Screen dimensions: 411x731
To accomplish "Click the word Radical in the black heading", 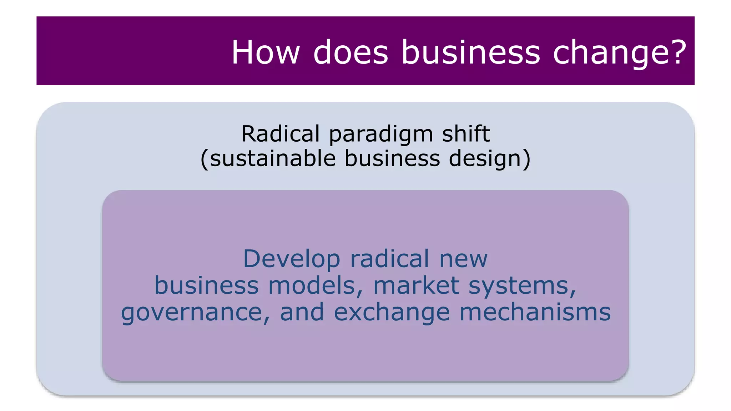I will click(281, 134).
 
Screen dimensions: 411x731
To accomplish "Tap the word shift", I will click(466, 134).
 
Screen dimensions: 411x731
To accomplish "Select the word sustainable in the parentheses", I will click(273, 158).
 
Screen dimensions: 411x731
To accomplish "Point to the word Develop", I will click(291, 259).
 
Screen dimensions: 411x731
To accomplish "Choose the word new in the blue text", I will click(463, 259).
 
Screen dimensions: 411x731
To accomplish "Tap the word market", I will click(416, 285).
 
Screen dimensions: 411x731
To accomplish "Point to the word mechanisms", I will click(535, 312).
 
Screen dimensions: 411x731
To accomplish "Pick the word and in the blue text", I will click(302, 312).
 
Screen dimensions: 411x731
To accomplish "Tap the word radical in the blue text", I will click(389, 259).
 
